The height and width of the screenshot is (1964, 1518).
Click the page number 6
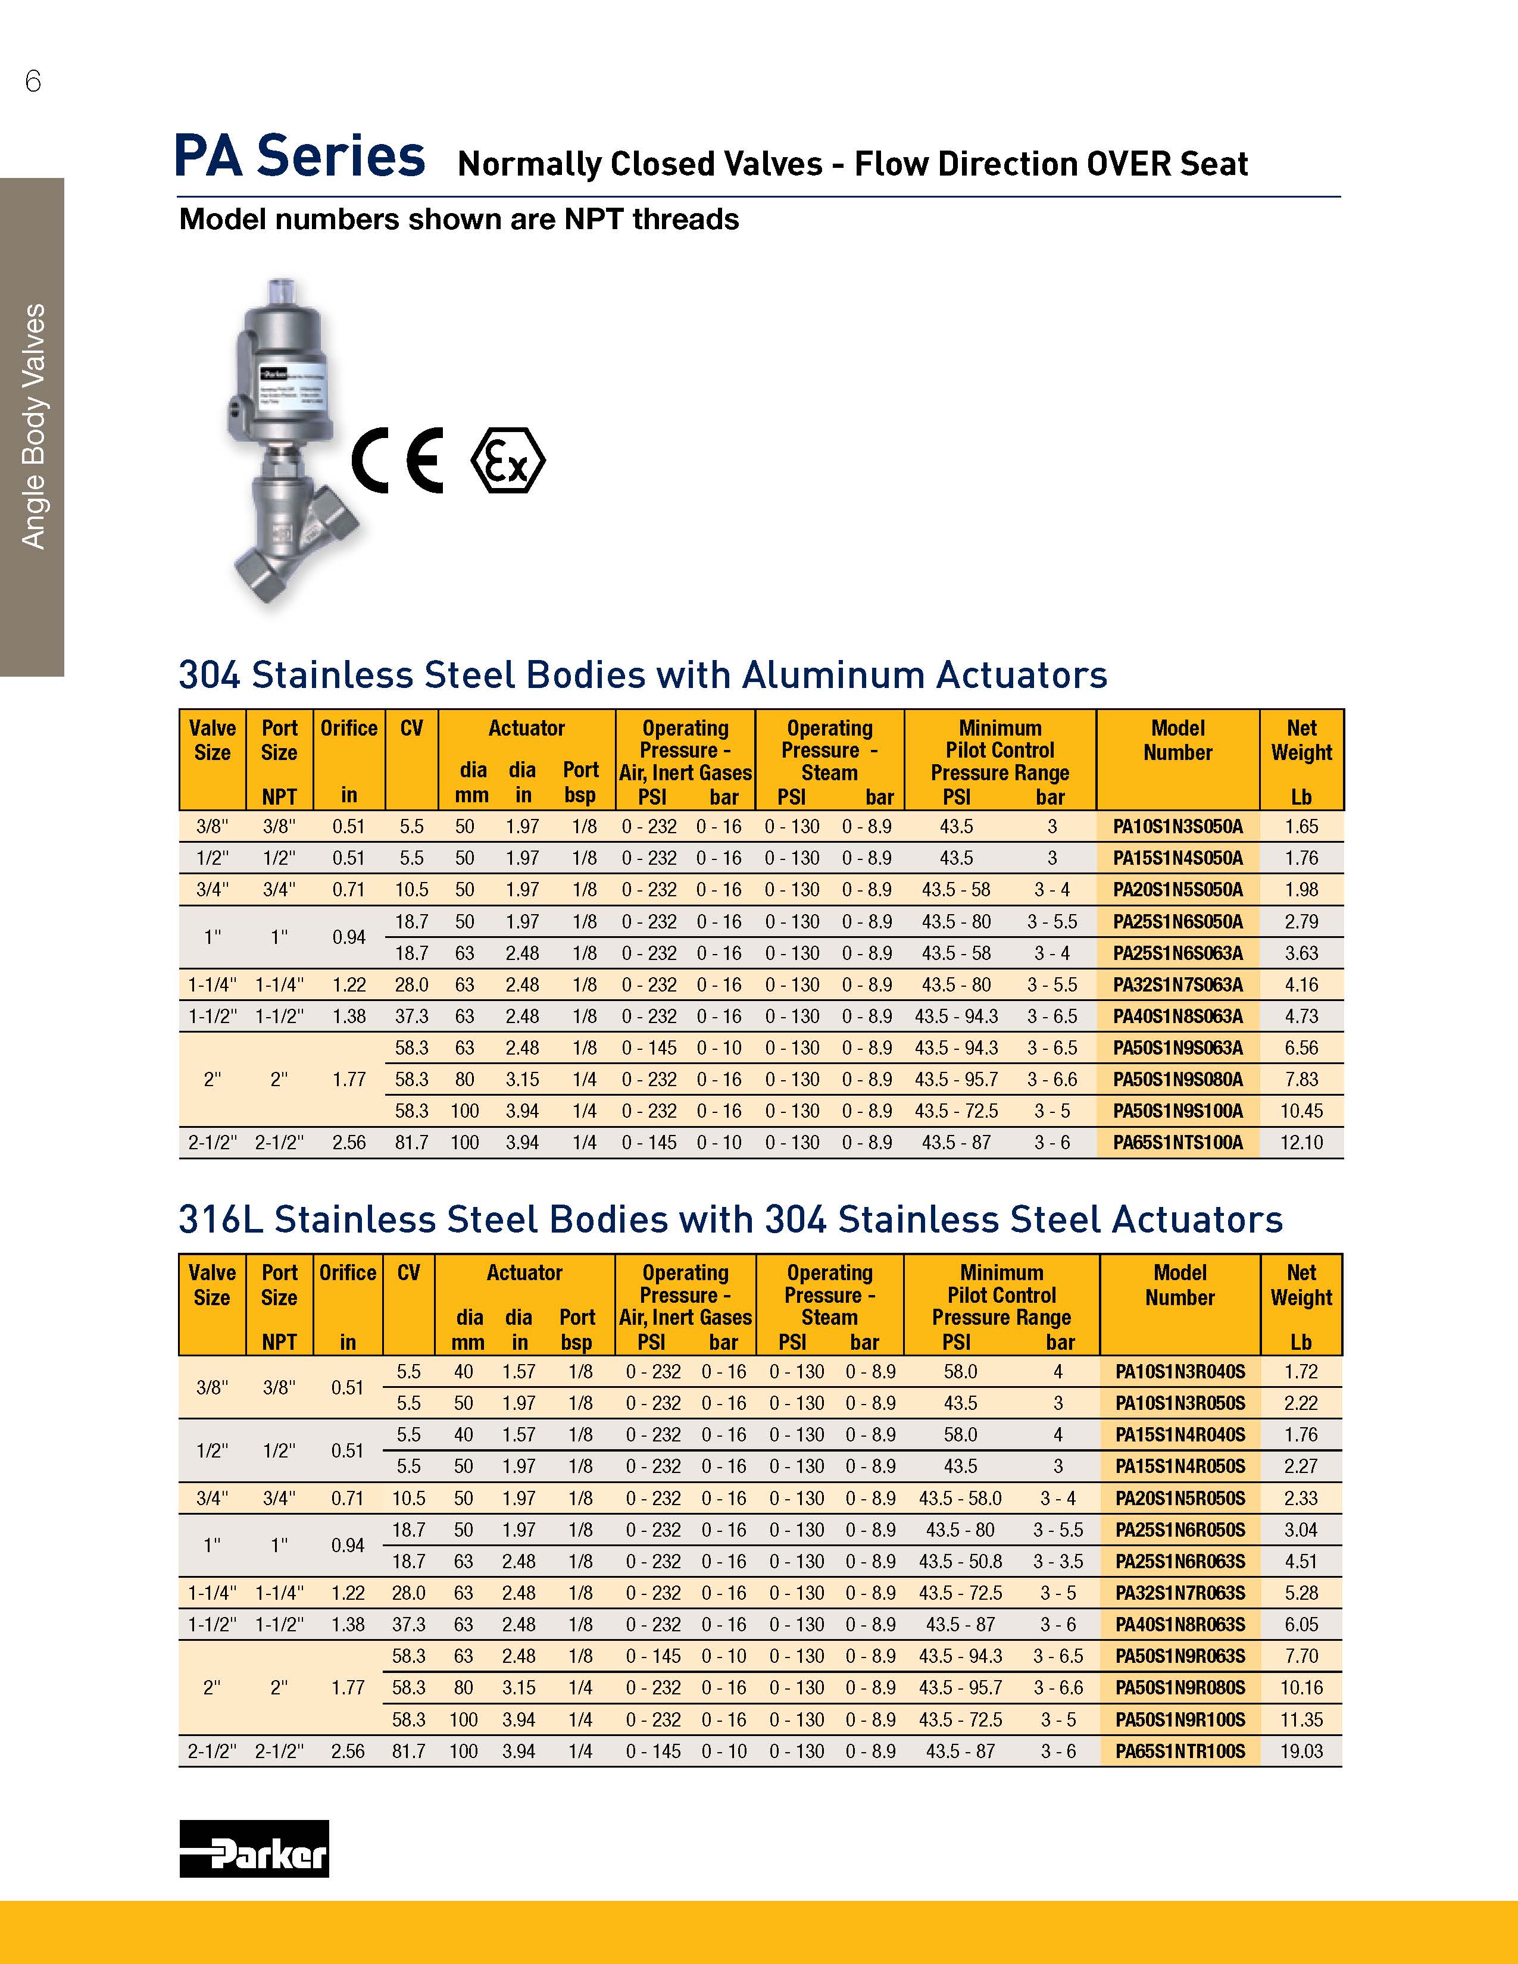33,82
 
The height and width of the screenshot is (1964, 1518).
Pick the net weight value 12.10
1301,1143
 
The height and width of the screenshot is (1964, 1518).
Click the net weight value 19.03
1301,1751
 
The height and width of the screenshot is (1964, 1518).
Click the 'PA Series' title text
299,157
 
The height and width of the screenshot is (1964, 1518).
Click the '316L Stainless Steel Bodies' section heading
730,1219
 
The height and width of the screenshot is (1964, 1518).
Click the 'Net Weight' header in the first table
1301,741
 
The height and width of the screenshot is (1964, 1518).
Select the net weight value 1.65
1301,827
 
